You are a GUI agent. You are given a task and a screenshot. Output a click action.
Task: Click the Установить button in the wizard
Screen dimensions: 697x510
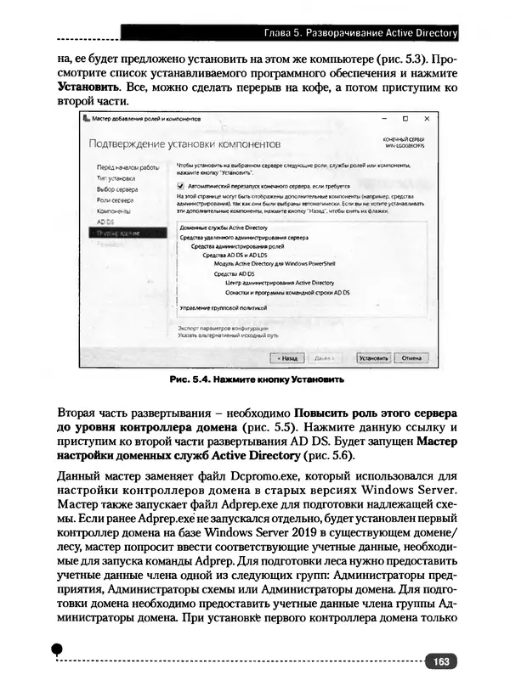point(374,358)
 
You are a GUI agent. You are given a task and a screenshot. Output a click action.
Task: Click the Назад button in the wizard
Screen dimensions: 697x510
point(286,358)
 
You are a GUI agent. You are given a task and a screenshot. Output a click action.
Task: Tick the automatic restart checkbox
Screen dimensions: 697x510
point(180,184)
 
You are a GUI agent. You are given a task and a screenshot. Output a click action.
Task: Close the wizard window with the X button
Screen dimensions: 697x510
point(427,119)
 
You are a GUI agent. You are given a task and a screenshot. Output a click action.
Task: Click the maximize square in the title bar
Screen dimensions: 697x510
point(405,119)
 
